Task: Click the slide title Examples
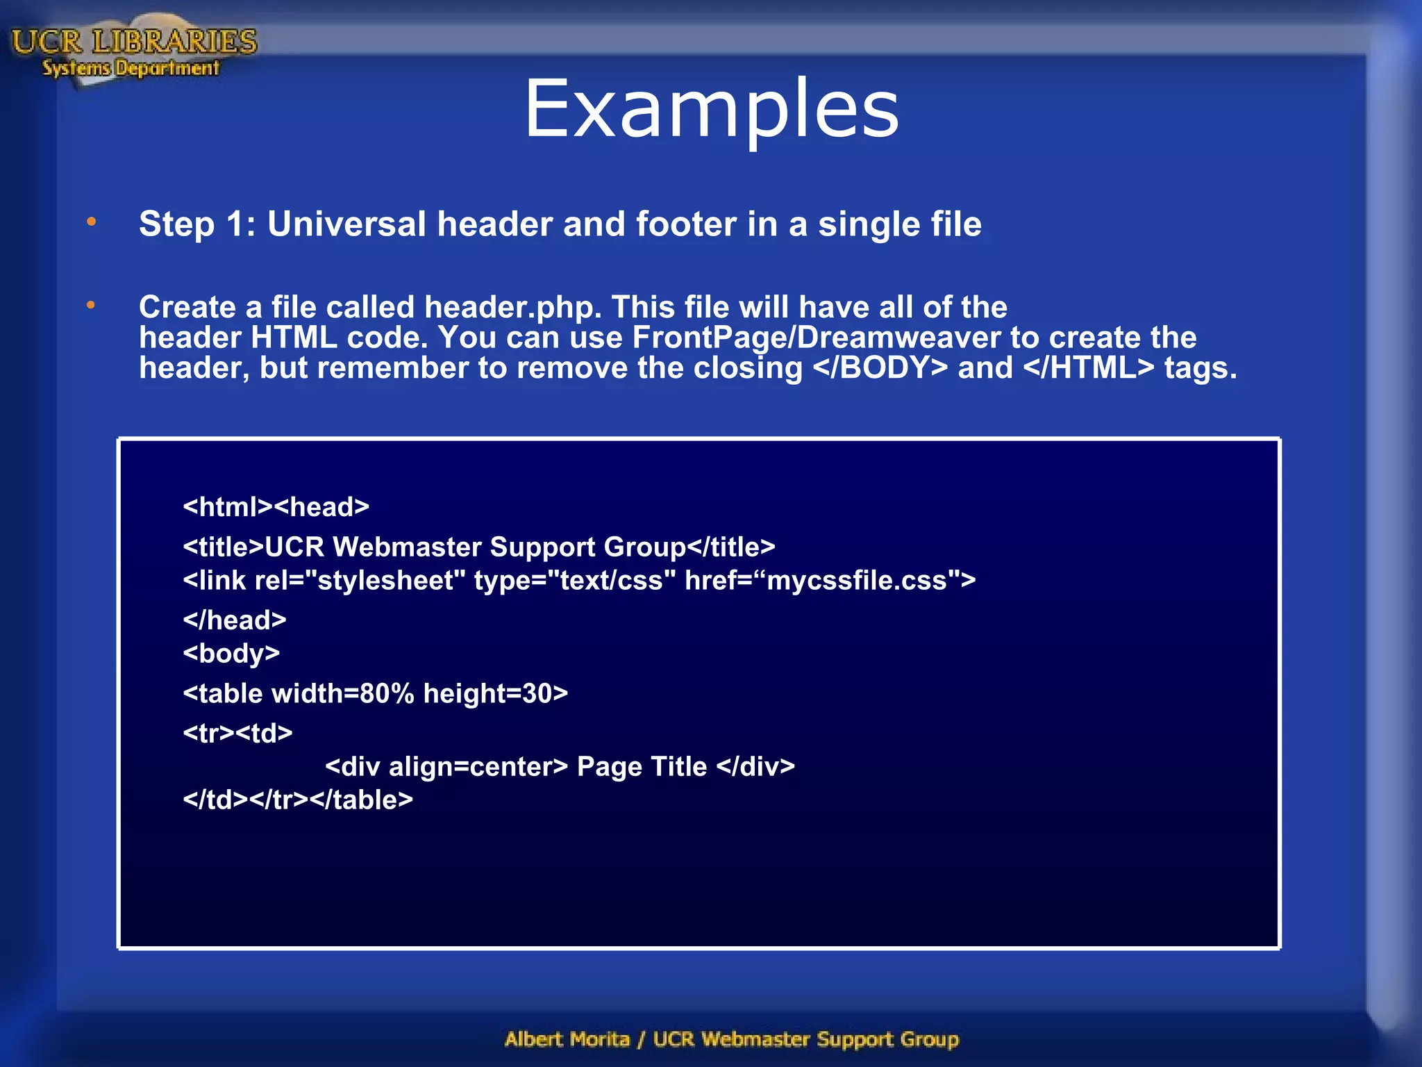pos(711,110)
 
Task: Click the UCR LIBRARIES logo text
pos(134,42)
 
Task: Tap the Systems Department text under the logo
pos(131,68)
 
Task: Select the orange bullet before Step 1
pos(91,222)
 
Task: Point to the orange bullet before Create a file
pos(91,305)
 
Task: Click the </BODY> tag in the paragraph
pos(880,368)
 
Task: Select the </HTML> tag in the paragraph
pos(1089,368)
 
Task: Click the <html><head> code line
pos(276,507)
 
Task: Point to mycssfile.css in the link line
pos(857,581)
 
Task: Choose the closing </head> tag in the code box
pos(235,620)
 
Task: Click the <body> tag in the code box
pos(231,654)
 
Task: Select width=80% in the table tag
pos(343,694)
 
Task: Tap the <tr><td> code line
pos(237,734)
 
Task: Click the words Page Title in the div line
pos(642,767)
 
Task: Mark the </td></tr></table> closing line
pos(298,800)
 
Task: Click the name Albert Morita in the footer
pos(567,1039)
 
